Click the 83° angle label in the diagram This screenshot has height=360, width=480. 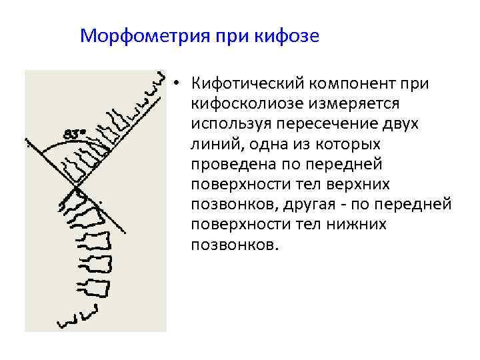tap(75, 133)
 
